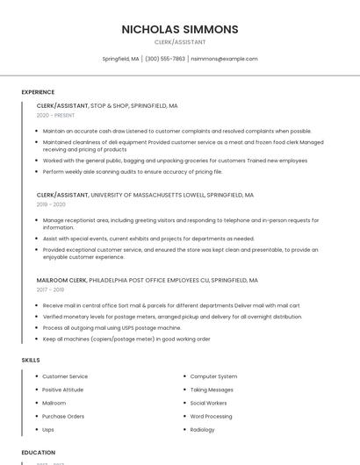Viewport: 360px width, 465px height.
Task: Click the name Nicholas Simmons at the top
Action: click(180, 29)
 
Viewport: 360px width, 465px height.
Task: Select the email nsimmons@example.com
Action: click(225, 59)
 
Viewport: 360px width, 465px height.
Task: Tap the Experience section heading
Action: click(38, 92)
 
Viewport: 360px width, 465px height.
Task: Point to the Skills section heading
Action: click(31, 361)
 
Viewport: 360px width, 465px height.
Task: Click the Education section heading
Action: click(39, 453)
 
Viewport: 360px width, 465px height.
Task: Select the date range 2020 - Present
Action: click(55, 115)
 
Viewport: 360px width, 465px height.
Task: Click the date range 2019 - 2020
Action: click(52, 204)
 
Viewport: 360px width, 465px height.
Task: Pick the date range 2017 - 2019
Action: click(50, 290)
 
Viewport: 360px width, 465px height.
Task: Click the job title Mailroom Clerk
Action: click(61, 281)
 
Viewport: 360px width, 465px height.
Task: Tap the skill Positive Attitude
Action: click(63, 390)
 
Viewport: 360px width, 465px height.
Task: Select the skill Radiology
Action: click(203, 430)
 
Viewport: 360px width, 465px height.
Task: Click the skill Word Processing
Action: click(212, 417)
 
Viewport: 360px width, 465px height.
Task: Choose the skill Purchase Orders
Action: click(63, 417)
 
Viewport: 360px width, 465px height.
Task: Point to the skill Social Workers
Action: click(209, 403)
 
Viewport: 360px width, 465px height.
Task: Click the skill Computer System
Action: click(214, 376)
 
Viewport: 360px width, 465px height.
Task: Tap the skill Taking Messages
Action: click(212, 390)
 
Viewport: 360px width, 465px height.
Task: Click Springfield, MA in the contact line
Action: click(120, 59)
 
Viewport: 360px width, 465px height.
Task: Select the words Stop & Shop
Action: click(109, 105)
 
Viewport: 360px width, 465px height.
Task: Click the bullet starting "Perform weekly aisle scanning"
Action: click(132, 172)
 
